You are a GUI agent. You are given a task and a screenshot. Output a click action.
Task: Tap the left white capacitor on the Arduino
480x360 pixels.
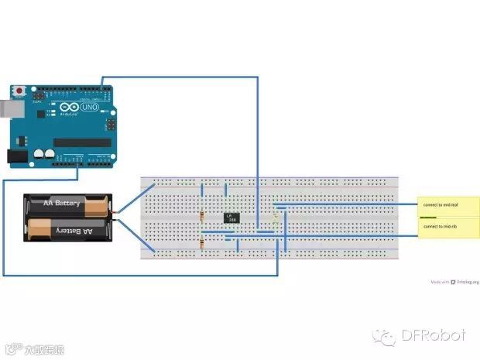click(x=37, y=154)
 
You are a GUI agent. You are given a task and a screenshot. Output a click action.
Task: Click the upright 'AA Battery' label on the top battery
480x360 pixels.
click(x=62, y=204)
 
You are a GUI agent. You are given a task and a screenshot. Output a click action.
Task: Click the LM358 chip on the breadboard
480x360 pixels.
click(x=230, y=218)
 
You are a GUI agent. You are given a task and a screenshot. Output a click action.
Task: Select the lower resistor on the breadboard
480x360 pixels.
click(x=202, y=245)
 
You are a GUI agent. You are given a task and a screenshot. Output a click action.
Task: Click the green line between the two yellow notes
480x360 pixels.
click(x=428, y=218)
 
